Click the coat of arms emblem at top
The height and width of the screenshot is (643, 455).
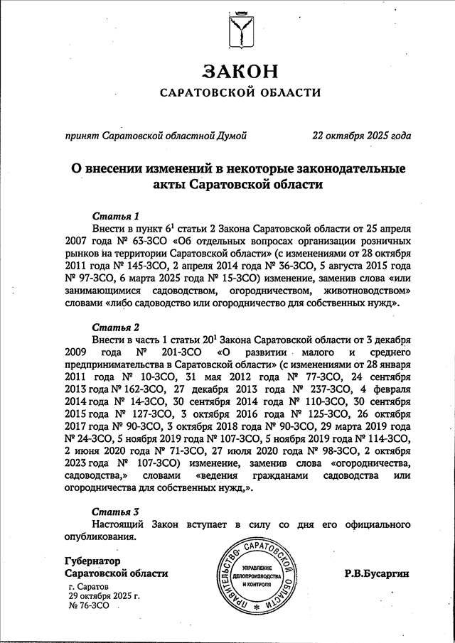pos(239,29)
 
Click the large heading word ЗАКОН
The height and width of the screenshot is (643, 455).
pos(238,71)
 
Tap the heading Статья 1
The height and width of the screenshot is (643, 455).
pos(116,215)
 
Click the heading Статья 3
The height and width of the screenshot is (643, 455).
pos(116,511)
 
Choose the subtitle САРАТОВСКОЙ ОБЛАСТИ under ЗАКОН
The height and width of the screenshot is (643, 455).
pos(239,92)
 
